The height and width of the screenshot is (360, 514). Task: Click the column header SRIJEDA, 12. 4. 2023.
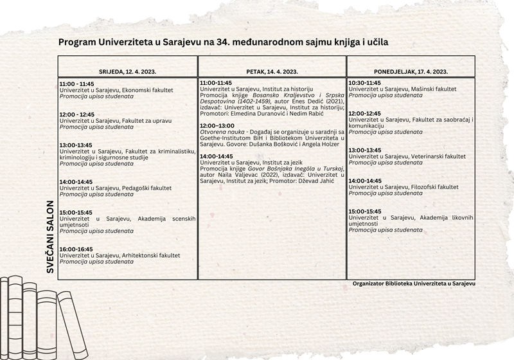point(127,71)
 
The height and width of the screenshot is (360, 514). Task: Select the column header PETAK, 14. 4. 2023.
point(272,71)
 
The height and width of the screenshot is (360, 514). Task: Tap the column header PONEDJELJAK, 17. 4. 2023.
point(411,71)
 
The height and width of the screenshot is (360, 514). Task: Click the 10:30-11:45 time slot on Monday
point(364,83)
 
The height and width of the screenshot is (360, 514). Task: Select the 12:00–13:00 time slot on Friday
point(217,125)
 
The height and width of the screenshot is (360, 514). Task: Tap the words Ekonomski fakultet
point(147,90)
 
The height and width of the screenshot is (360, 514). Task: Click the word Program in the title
point(77,42)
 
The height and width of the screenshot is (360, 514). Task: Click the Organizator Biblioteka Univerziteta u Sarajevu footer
point(414,283)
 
